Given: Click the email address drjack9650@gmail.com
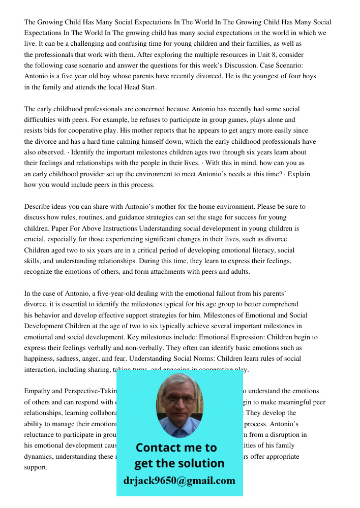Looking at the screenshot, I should click(x=179, y=481).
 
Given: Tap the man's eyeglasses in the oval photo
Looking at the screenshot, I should click(x=179, y=400).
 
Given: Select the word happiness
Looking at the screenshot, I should click(x=42, y=359).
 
